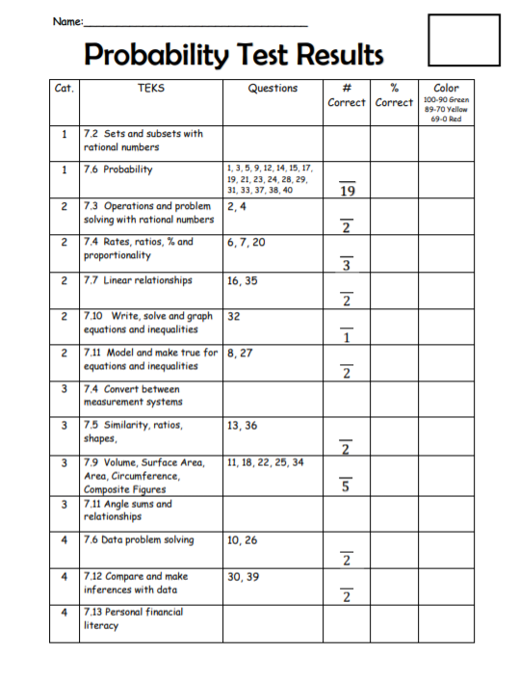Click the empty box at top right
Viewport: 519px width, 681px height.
463,39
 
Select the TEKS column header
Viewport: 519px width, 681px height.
151,89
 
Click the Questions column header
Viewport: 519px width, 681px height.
272,89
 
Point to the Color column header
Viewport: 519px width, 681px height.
446,89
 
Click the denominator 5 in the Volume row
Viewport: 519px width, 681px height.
347,486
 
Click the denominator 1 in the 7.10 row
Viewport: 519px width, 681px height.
347,337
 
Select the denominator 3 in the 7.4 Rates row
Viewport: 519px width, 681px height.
347,266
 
